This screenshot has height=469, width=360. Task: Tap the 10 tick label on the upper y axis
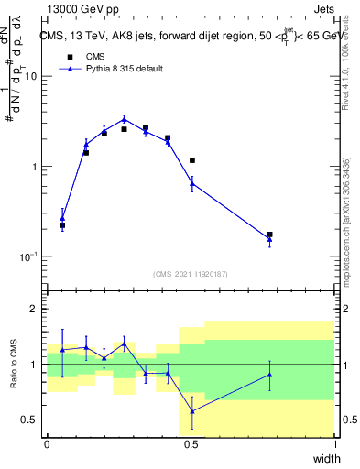click(31, 76)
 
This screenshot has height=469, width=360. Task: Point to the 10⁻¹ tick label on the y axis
click(28, 256)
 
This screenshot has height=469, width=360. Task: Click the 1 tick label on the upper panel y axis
click(35, 167)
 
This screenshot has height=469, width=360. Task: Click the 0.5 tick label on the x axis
click(191, 444)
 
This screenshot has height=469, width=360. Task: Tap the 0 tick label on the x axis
click(48, 444)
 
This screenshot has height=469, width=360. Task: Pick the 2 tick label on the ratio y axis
click(35, 309)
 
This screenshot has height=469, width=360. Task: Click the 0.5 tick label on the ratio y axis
click(30, 420)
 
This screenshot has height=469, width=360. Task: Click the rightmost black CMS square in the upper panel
click(269, 234)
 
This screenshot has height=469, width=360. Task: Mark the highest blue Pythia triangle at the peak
click(125, 119)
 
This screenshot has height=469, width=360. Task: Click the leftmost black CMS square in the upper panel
click(62, 224)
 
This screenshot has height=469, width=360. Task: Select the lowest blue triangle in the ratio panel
click(191, 411)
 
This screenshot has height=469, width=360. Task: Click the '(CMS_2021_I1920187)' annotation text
click(191, 273)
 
